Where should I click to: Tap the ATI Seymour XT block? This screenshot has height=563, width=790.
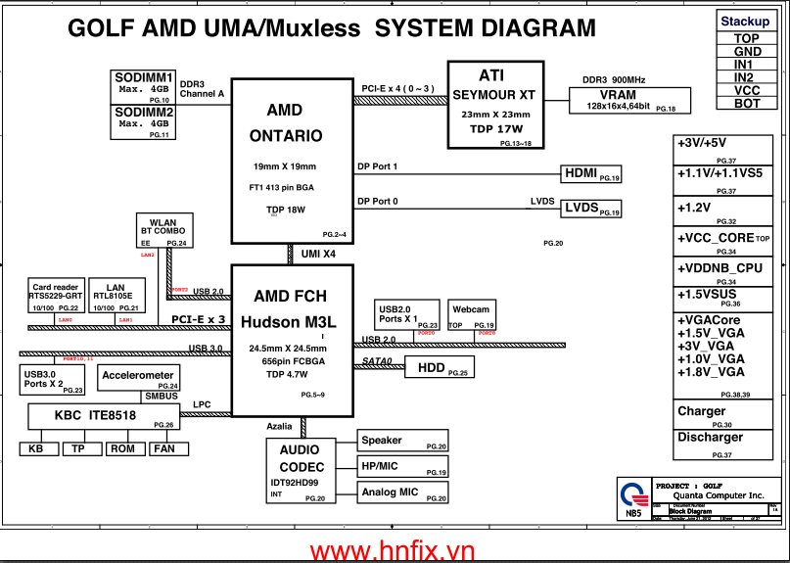[x=492, y=104]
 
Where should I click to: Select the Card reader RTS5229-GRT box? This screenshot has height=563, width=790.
[x=54, y=296]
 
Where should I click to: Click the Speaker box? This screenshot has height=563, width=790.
[x=402, y=442]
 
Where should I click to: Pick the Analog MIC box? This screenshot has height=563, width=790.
[x=402, y=493]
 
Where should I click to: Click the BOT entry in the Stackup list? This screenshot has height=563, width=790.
[x=747, y=103]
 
